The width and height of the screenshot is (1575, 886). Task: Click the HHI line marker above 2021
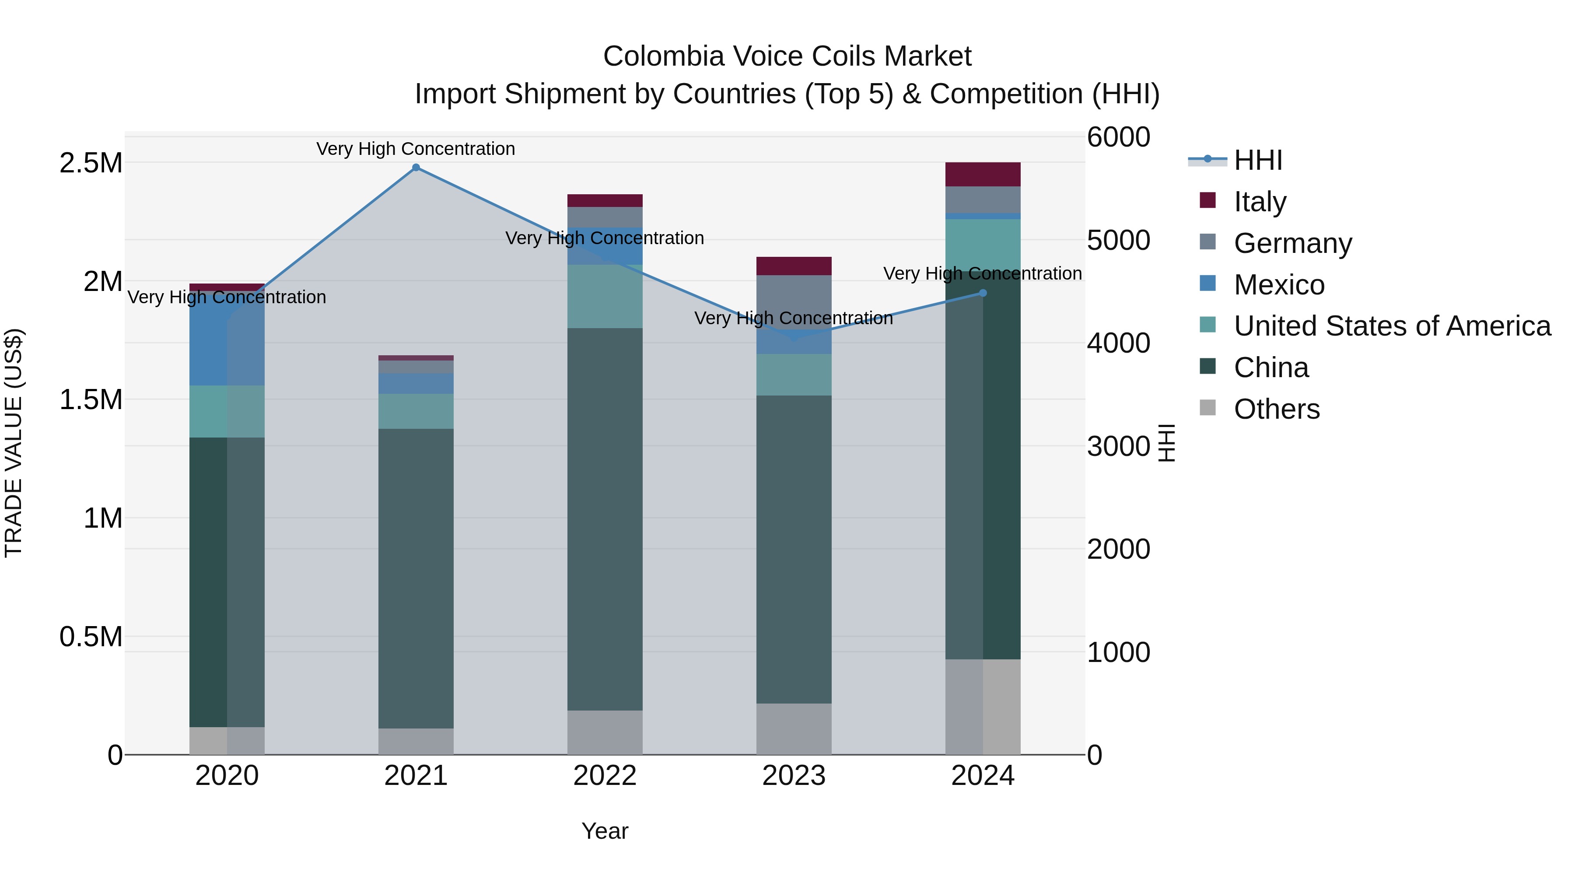(x=416, y=168)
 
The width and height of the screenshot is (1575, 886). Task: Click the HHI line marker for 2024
(x=983, y=293)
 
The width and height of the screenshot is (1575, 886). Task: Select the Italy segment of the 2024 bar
(x=983, y=174)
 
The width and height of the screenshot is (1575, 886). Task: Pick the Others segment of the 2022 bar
(x=605, y=732)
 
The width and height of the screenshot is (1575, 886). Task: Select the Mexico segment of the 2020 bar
(x=227, y=343)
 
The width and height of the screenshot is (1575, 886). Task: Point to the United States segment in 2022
(x=605, y=297)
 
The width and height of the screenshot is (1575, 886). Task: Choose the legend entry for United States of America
(x=1392, y=326)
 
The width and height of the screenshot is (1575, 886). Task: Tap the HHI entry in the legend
(x=1258, y=160)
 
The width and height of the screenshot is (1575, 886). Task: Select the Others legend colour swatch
(x=1207, y=408)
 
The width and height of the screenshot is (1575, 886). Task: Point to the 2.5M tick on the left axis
(x=91, y=163)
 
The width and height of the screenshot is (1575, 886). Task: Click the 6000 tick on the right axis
(x=1118, y=137)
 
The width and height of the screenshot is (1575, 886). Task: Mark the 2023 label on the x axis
(x=794, y=776)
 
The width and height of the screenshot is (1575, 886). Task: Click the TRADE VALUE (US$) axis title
(x=14, y=443)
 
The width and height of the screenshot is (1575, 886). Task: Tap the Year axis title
(x=605, y=831)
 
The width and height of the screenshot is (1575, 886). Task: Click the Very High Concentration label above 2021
(x=416, y=149)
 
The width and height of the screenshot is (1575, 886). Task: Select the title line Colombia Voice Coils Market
(x=787, y=56)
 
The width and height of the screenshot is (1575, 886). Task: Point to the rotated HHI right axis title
(x=1166, y=443)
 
